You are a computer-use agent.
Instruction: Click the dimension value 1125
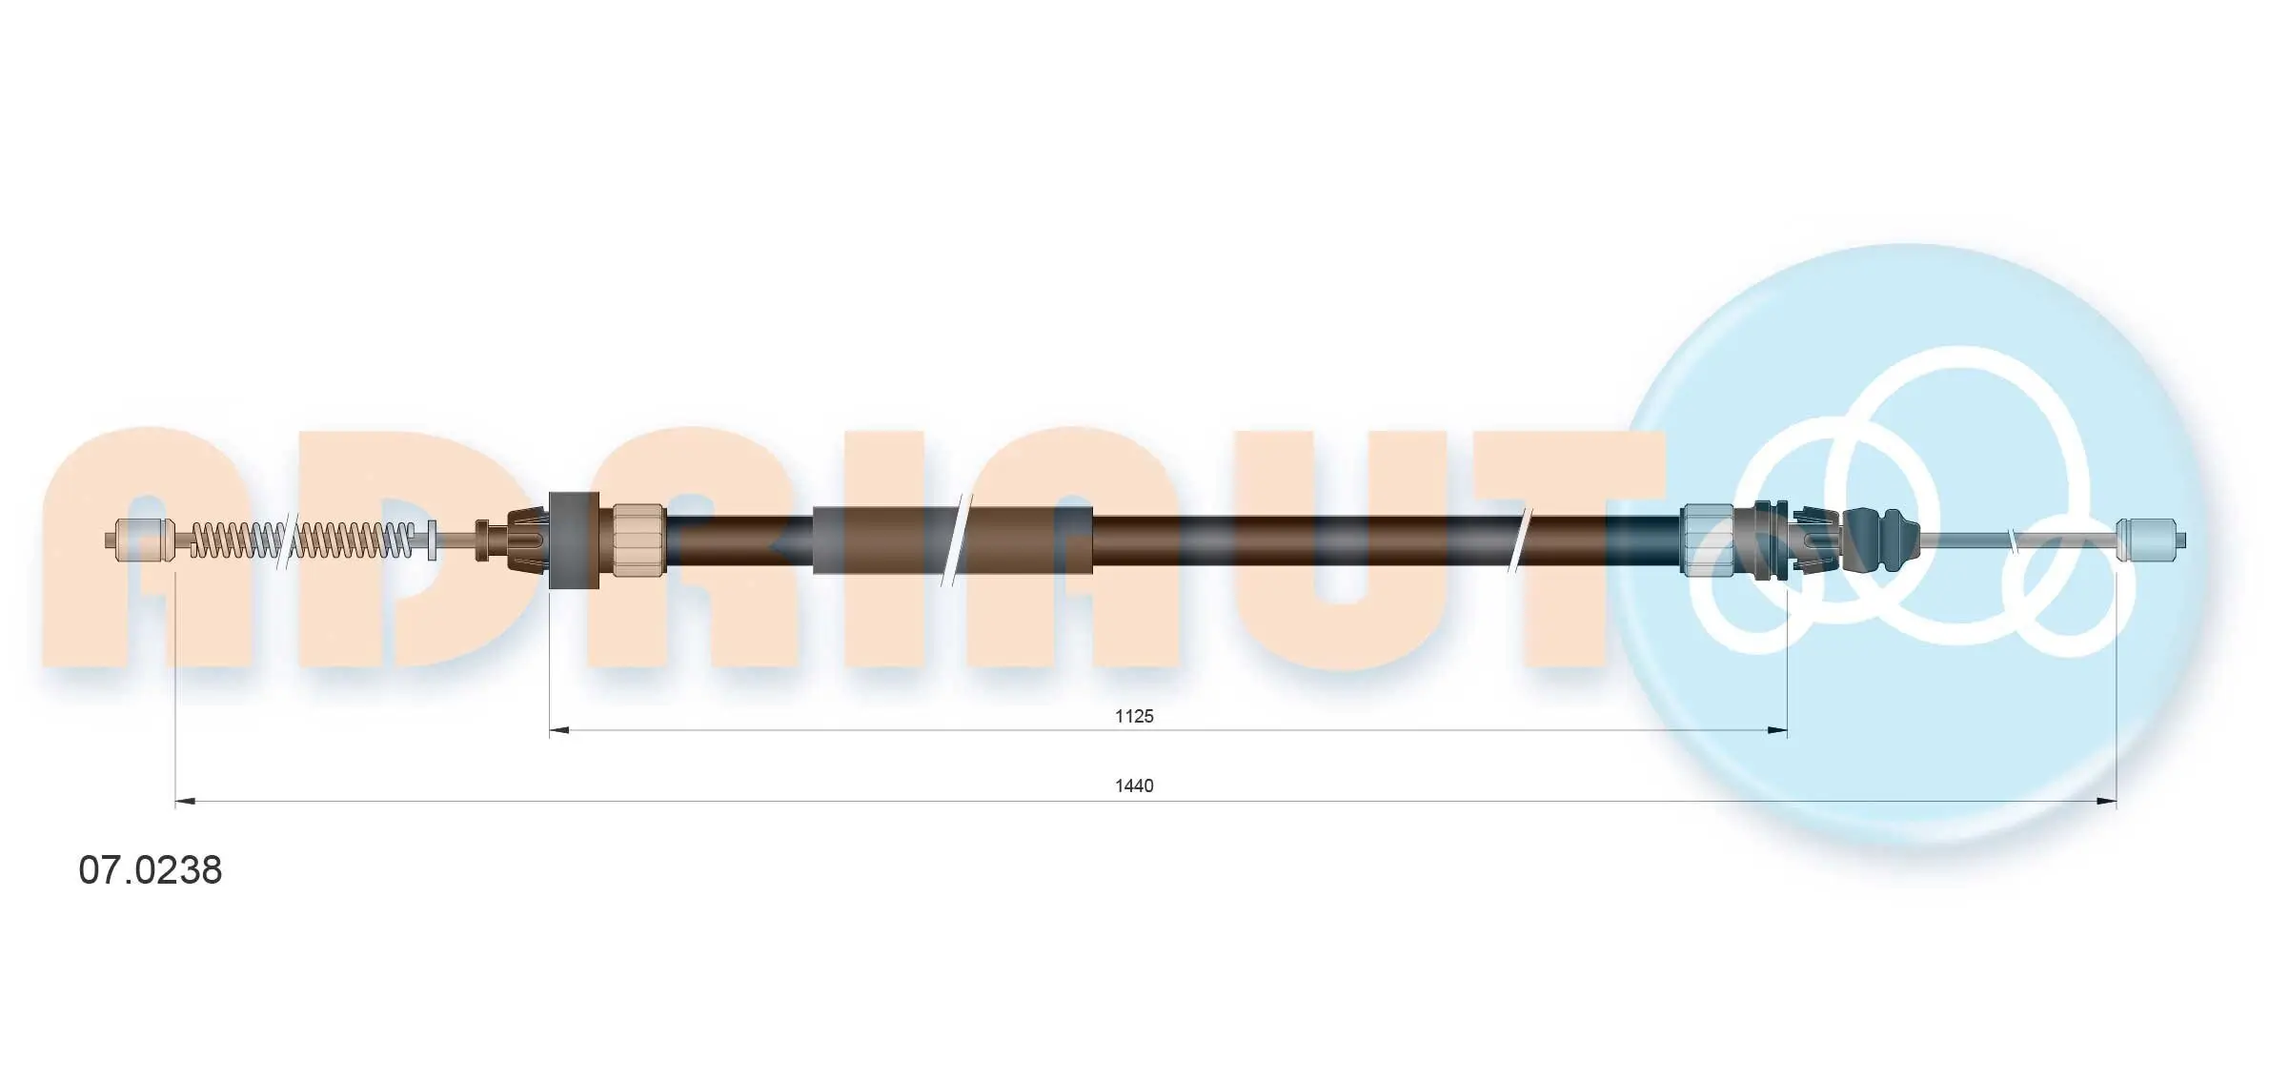pyautogui.click(x=1134, y=716)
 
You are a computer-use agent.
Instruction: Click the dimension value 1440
pyautogui.click(x=1134, y=785)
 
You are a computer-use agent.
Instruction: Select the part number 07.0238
pyautogui.click(x=151, y=869)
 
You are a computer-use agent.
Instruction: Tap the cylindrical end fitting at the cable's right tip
pyautogui.click(x=2146, y=540)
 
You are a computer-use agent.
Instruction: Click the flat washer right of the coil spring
pyautogui.click(x=432, y=540)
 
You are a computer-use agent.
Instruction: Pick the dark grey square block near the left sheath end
pyautogui.click(x=574, y=540)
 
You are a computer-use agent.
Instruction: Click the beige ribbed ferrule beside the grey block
pyautogui.click(x=638, y=540)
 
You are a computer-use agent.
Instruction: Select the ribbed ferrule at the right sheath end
pyautogui.click(x=1707, y=540)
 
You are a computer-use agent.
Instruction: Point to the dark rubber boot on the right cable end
pyautogui.click(x=1879, y=540)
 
